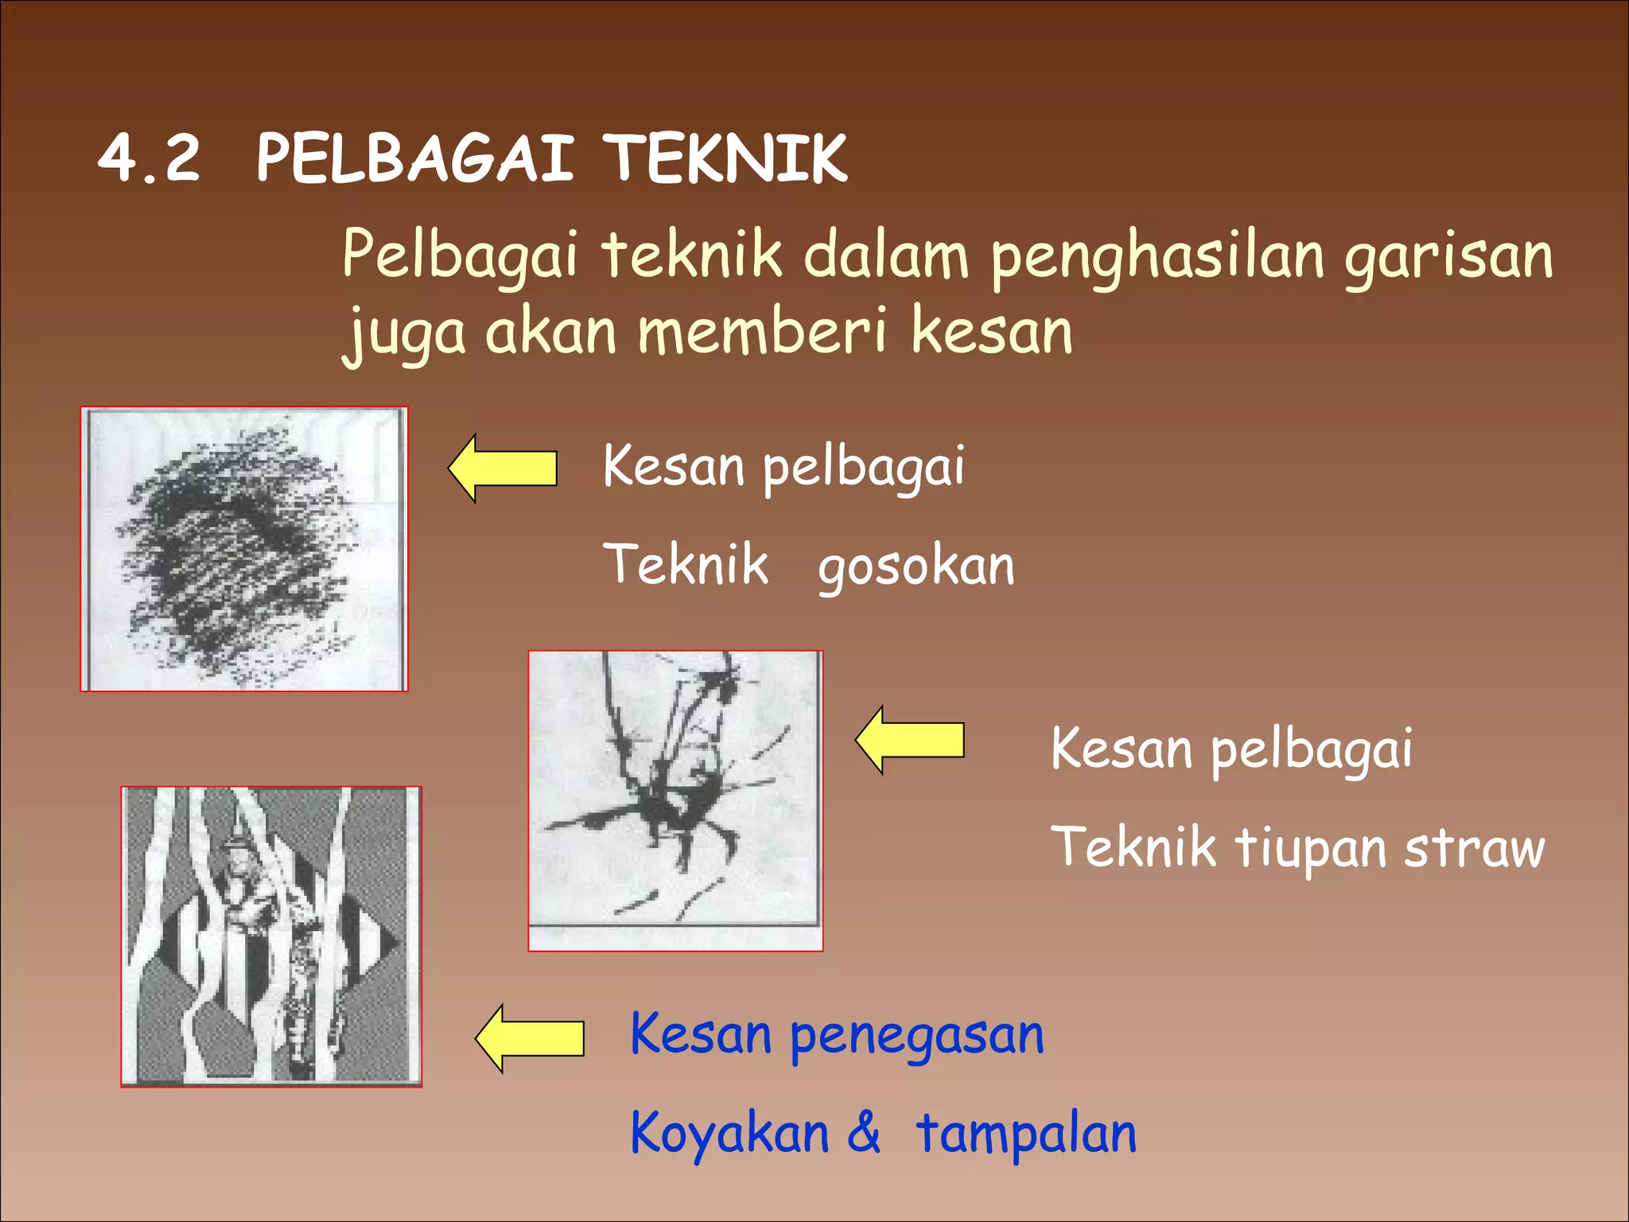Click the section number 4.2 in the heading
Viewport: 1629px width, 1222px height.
click(x=149, y=158)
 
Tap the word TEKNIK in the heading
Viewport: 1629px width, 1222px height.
click(x=726, y=158)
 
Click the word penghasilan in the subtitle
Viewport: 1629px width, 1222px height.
click(x=1157, y=257)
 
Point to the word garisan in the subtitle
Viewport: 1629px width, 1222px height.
click(x=1448, y=257)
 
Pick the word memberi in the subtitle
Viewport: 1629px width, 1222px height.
click(x=762, y=331)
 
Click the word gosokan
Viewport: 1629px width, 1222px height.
click(x=916, y=567)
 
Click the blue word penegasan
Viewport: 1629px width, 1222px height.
click(x=916, y=1037)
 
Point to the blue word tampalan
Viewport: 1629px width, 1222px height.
click(x=1026, y=1134)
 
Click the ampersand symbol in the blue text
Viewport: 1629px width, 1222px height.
click(x=864, y=1131)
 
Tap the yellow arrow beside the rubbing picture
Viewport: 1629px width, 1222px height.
click(x=503, y=468)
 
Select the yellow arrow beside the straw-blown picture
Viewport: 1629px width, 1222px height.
click(x=910, y=740)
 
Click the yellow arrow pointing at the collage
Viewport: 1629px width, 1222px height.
click(x=530, y=1038)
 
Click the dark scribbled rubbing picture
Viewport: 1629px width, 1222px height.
click(x=244, y=549)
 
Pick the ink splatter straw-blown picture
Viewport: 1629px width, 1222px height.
click(x=675, y=800)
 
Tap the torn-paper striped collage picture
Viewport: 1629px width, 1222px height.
click(x=271, y=936)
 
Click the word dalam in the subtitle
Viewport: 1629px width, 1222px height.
click(x=885, y=255)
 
